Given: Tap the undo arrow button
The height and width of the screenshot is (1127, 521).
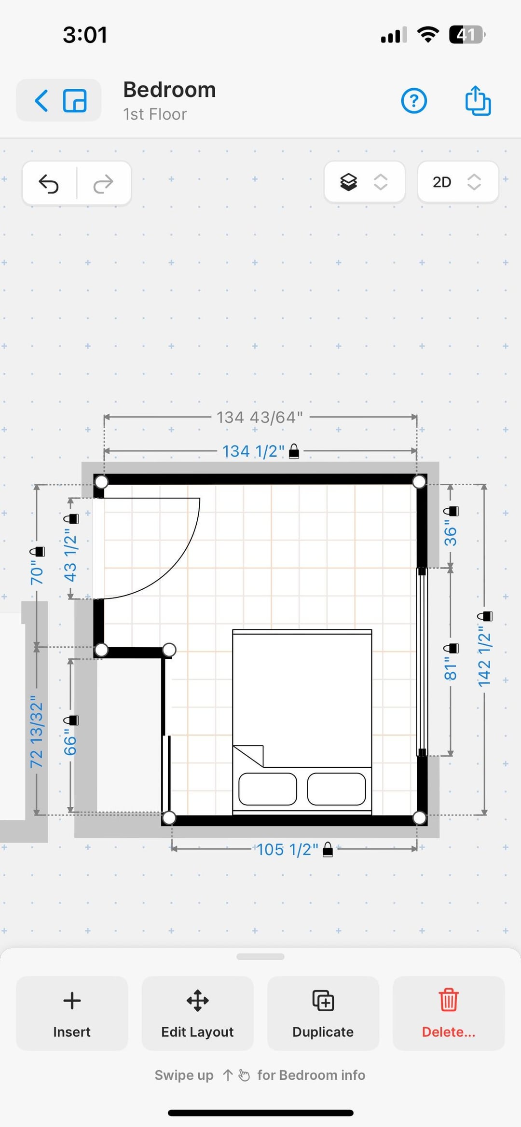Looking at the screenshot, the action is [x=49, y=183].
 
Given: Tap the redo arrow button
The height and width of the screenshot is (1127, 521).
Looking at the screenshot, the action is [x=103, y=183].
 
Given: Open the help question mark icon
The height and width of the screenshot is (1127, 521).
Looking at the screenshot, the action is [x=414, y=101].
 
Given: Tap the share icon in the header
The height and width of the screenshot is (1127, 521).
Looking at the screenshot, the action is [x=478, y=100].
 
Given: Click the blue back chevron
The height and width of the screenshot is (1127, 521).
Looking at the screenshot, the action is [x=41, y=100].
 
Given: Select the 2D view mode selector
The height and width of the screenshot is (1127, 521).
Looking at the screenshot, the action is [x=457, y=182].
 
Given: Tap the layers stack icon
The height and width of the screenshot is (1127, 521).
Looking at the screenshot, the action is [x=348, y=182].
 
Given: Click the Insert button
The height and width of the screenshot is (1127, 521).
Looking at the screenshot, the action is [x=72, y=1013].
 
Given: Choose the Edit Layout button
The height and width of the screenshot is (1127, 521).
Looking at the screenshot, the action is [x=197, y=1013].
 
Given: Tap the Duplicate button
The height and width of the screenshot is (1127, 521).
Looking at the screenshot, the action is [x=323, y=1013].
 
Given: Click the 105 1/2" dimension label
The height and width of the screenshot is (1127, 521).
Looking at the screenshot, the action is [x=288, y=849].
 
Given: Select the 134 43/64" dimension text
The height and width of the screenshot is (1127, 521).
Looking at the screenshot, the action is [x=260, y=417].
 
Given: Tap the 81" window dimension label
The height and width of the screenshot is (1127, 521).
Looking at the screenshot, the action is [x=450, y=668].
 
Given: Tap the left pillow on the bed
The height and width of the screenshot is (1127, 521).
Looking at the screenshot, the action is [x=268, y=789].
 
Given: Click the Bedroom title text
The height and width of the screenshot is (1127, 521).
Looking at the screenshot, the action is [x=169, y=90].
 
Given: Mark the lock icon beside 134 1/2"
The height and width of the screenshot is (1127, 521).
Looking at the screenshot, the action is [x=294, y=451].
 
